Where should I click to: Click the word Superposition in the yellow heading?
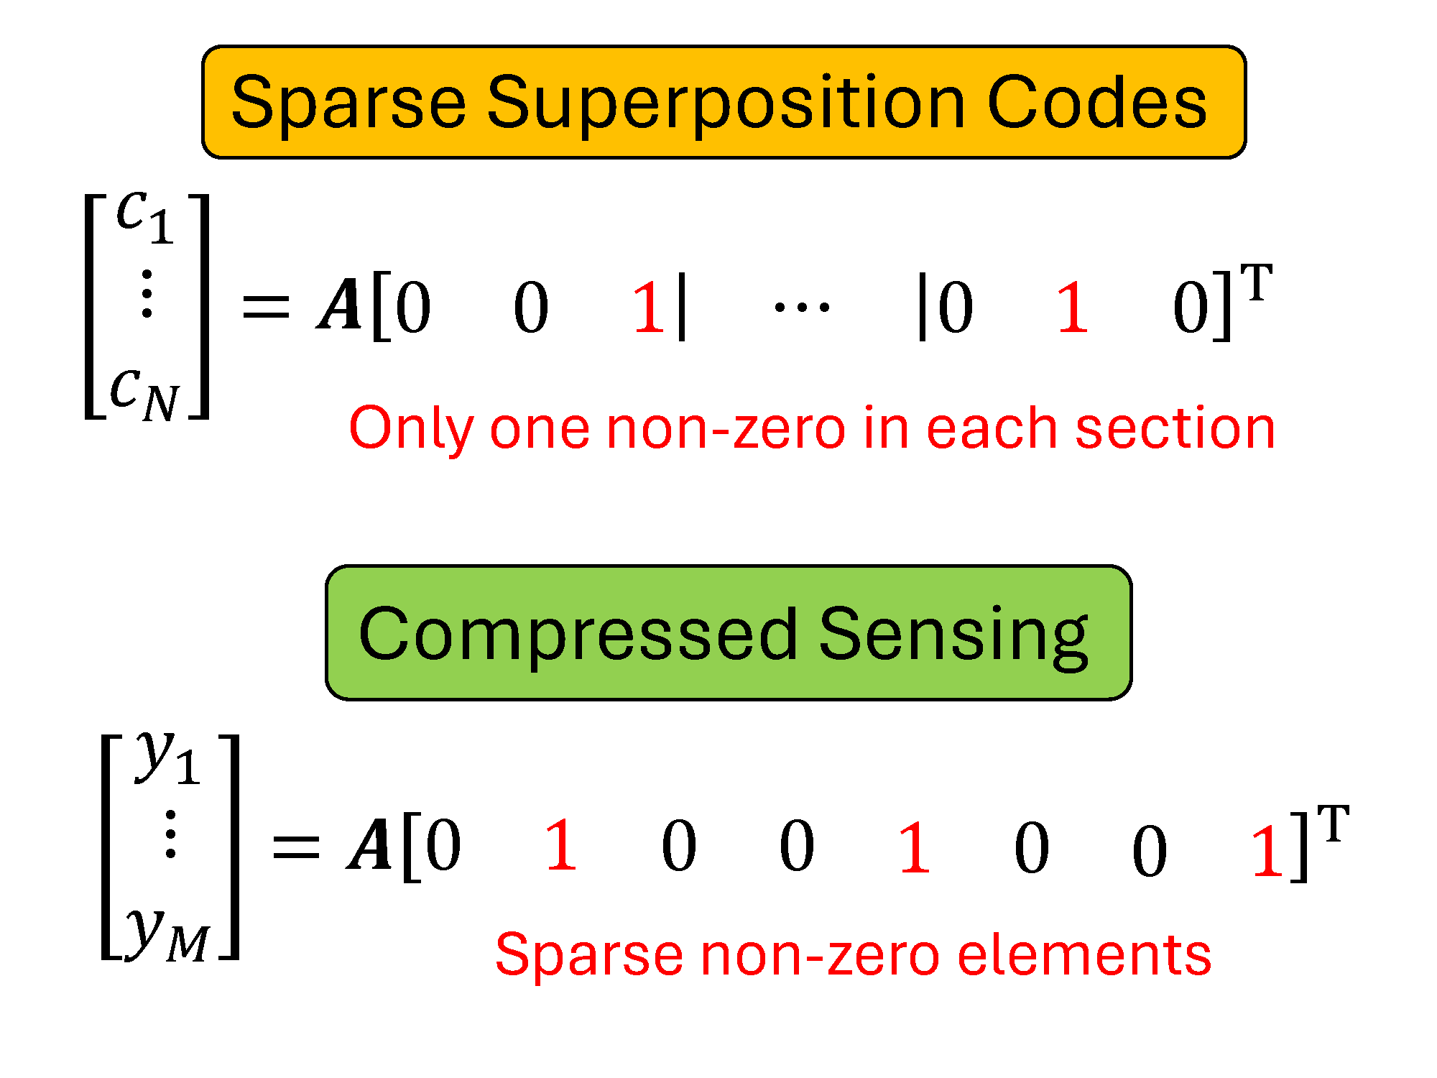pos(726,104)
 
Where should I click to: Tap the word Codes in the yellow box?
pos(1097,103)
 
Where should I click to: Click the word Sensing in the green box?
pos(954,637)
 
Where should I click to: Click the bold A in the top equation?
pos(339,305)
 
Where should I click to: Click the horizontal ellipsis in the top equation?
pos(802,308)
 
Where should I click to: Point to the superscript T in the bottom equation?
pos(1334,824)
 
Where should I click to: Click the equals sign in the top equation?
pos(267,307)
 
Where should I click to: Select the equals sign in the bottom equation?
pos(296,847)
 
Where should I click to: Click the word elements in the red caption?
pos(1084,955)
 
